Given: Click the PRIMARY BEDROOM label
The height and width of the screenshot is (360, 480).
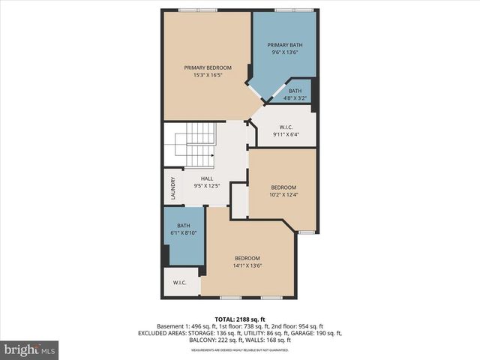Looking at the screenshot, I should coord(208,67).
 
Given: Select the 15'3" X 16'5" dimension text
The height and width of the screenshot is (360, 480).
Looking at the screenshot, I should coord(208,75).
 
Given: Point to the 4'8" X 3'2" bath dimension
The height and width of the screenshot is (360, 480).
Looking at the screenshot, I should coord(295,97).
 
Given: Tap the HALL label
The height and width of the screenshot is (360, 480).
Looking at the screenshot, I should coord(207,178).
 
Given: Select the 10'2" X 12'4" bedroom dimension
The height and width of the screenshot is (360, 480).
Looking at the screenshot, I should coord(283,195).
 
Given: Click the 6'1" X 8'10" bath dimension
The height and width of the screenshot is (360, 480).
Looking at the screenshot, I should coord(184,232).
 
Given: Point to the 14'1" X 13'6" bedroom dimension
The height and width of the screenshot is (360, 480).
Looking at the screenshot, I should coord(247,265).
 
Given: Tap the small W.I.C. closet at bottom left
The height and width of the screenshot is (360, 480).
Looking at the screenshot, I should coord(180,283).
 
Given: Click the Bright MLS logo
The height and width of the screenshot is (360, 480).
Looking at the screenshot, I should coord(30,349).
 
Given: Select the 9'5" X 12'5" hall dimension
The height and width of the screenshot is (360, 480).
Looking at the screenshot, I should coord(207,185).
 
